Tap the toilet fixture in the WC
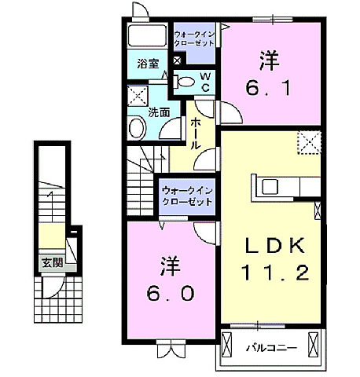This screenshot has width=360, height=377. point(185,80)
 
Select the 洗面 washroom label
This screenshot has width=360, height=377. point(160,112)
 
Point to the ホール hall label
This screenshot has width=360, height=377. point(193,134)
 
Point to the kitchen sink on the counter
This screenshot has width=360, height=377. point(270,187)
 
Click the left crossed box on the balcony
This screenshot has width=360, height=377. point(228,345)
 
